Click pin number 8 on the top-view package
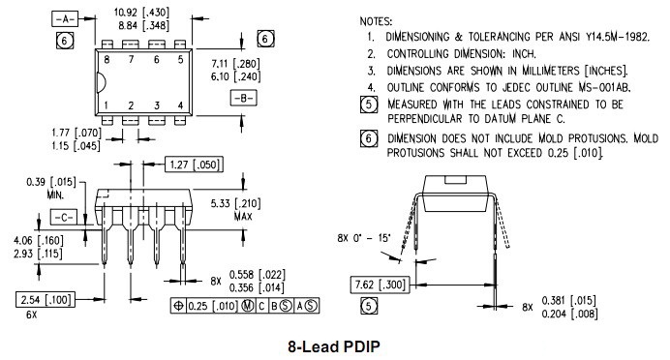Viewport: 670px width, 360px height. pyautogui.click(x=107, y=59)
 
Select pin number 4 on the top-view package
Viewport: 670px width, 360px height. pyautogui.click(x=180, y=105)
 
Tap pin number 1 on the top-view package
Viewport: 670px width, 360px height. pyautogui.click(x=107, y=105)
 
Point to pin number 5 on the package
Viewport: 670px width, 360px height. pyautogui.click(x=180, y=59)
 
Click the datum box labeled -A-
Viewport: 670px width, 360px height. pyautogui.click(x=64, y=19)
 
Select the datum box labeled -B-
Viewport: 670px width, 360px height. pyautogui.click(x=241, y=98)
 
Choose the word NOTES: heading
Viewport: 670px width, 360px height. pyautogui.click(x=377, y=19)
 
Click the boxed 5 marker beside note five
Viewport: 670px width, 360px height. pyautogui.click(x=368, y=105)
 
